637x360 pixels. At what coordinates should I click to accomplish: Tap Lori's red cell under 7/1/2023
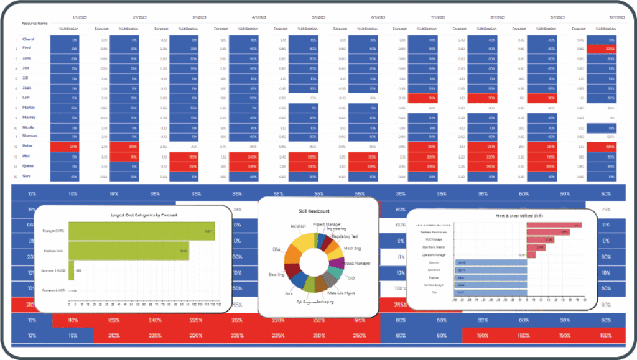[422, 97]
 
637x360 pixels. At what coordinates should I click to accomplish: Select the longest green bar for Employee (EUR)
[141, 231]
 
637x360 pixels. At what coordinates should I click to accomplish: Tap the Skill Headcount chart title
[318, 211]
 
